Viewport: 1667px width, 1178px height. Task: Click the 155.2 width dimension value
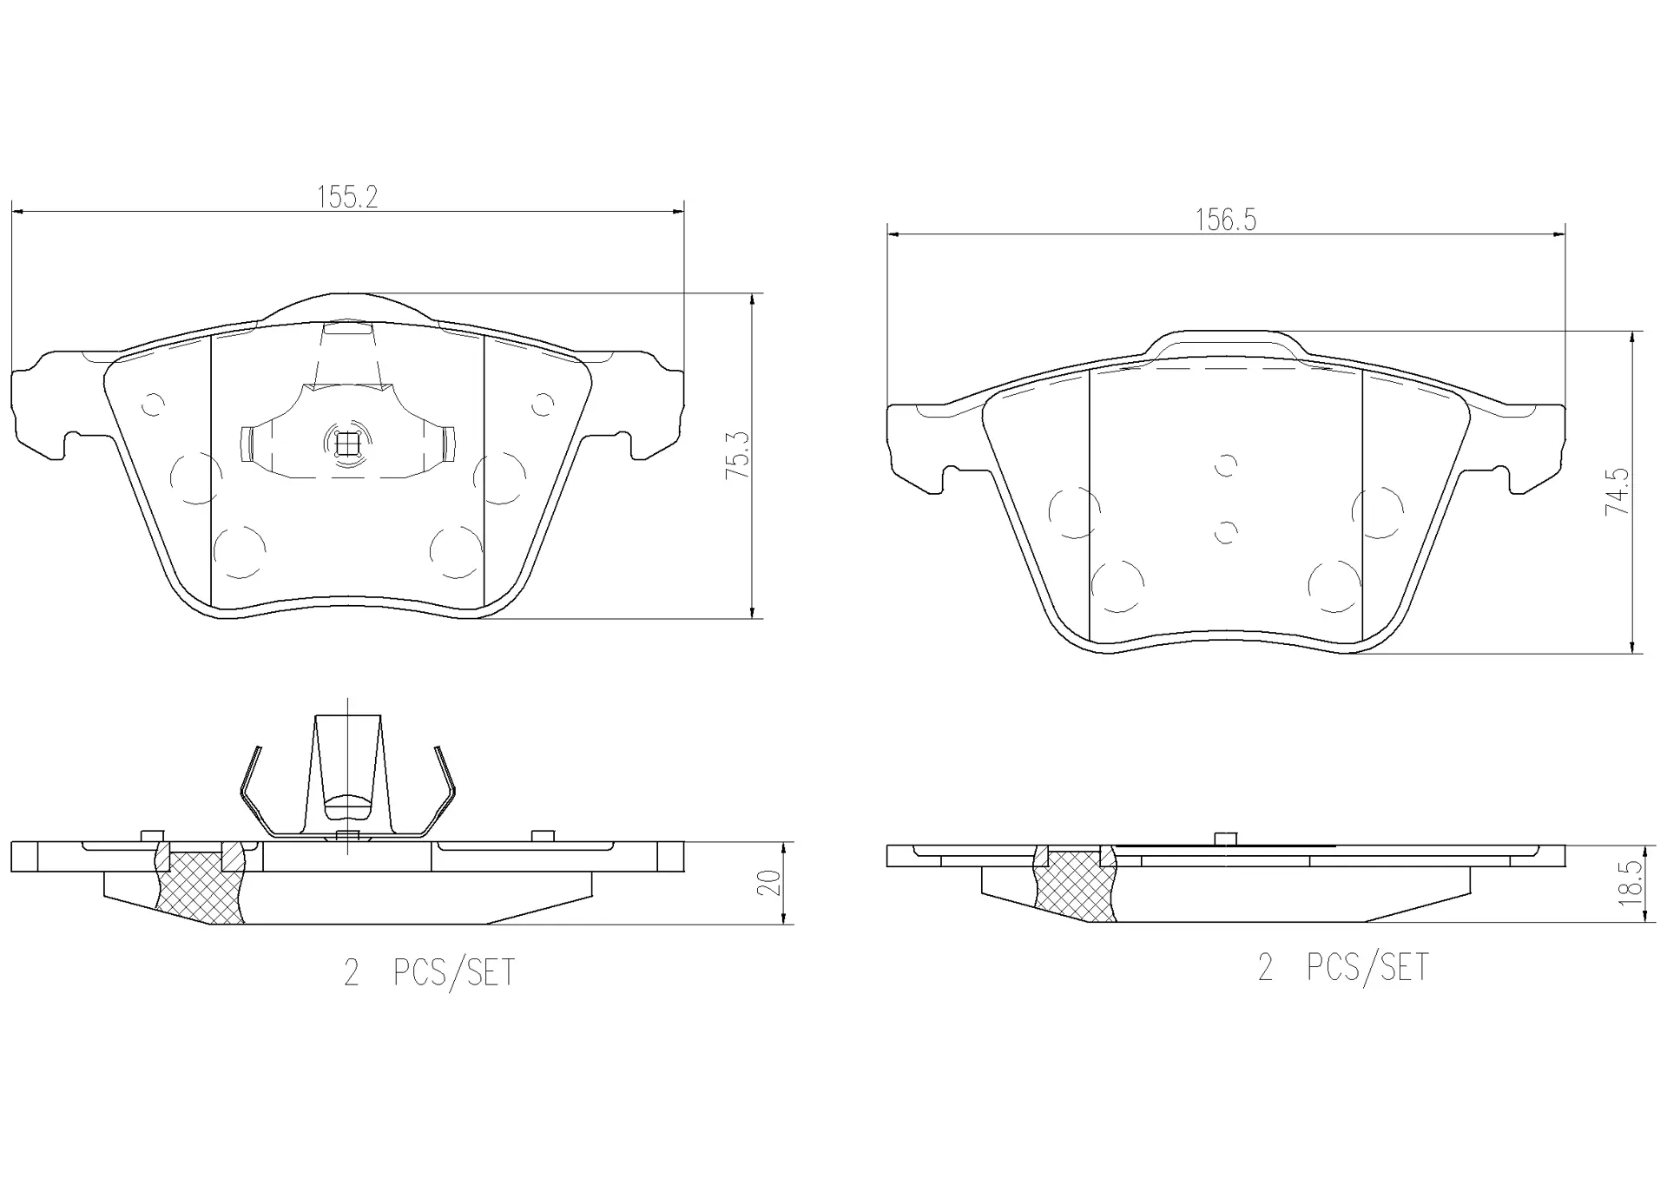[x=347, y=197]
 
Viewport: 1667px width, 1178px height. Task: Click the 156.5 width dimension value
[x=1225, y=220]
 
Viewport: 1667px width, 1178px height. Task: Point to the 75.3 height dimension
[x=738, y=457]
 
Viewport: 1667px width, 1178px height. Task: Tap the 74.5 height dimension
[x=1618, y=491]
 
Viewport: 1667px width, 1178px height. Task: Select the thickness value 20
[x=770, y=883]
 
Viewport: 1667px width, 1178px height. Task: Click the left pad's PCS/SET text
[x=454, y=972]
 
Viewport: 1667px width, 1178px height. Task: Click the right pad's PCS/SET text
[x=1367, y=967]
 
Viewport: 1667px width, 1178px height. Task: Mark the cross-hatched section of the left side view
[x=200, y=887]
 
